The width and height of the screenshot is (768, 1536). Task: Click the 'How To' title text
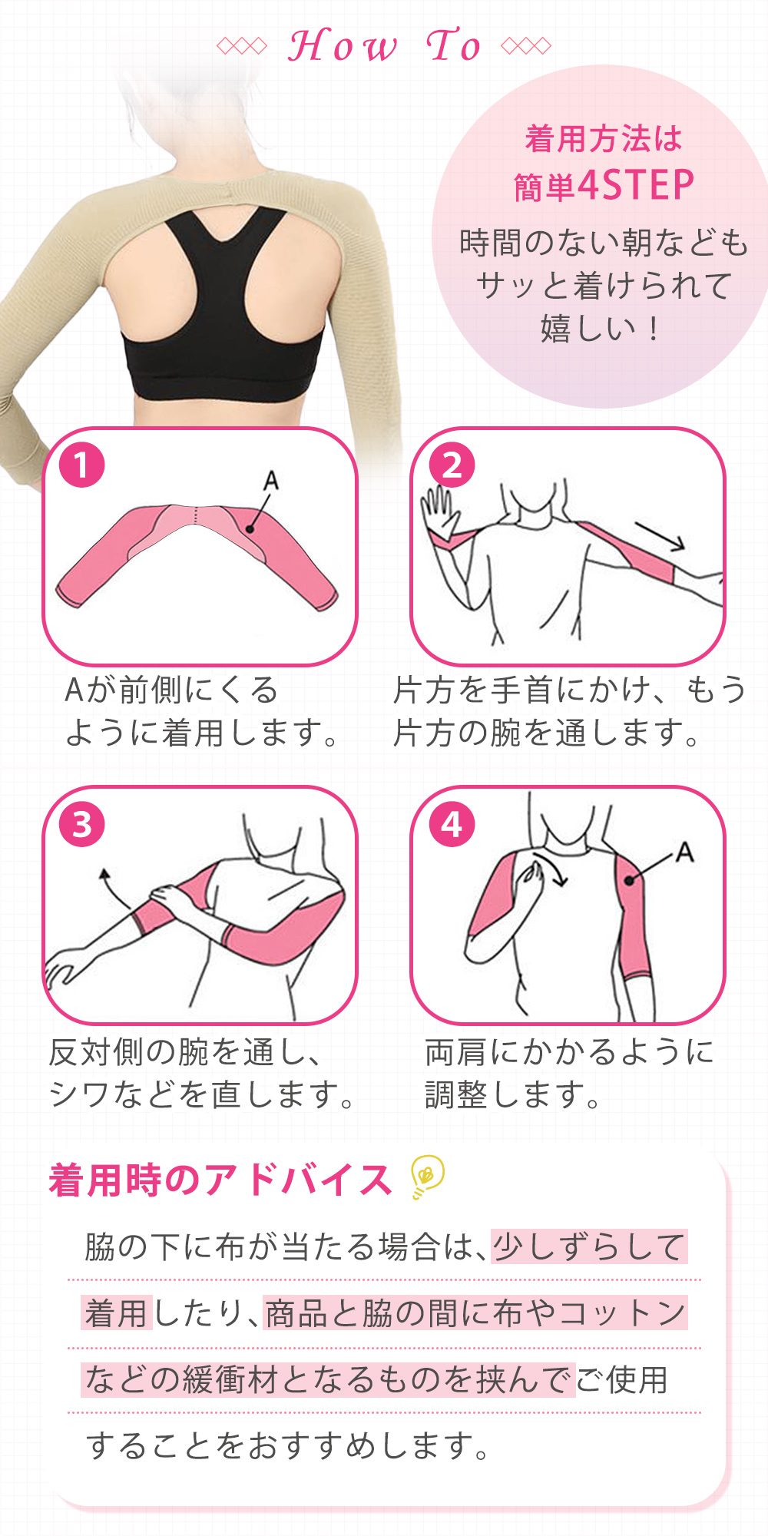(384, 46)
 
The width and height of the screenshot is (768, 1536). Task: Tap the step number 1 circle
(81, 465)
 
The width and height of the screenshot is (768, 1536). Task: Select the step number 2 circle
(452, 465)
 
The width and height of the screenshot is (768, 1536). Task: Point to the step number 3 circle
(81, 825)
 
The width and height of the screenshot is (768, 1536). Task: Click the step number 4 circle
(452, 825)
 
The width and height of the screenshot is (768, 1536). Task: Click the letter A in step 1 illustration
(270, 482)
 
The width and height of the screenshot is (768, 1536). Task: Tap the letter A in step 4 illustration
(684, 852)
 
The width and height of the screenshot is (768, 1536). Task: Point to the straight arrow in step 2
(659, 535)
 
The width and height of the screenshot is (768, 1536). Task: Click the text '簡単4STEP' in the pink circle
(604, 186)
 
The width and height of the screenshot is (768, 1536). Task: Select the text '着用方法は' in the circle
(604, 140)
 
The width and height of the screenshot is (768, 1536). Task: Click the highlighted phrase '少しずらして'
(589, 1247)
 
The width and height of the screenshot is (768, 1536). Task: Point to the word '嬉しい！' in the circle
(601, 328)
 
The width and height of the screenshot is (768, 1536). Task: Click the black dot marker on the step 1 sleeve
(250, 528)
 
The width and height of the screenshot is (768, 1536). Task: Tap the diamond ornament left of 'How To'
(241, 46)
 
